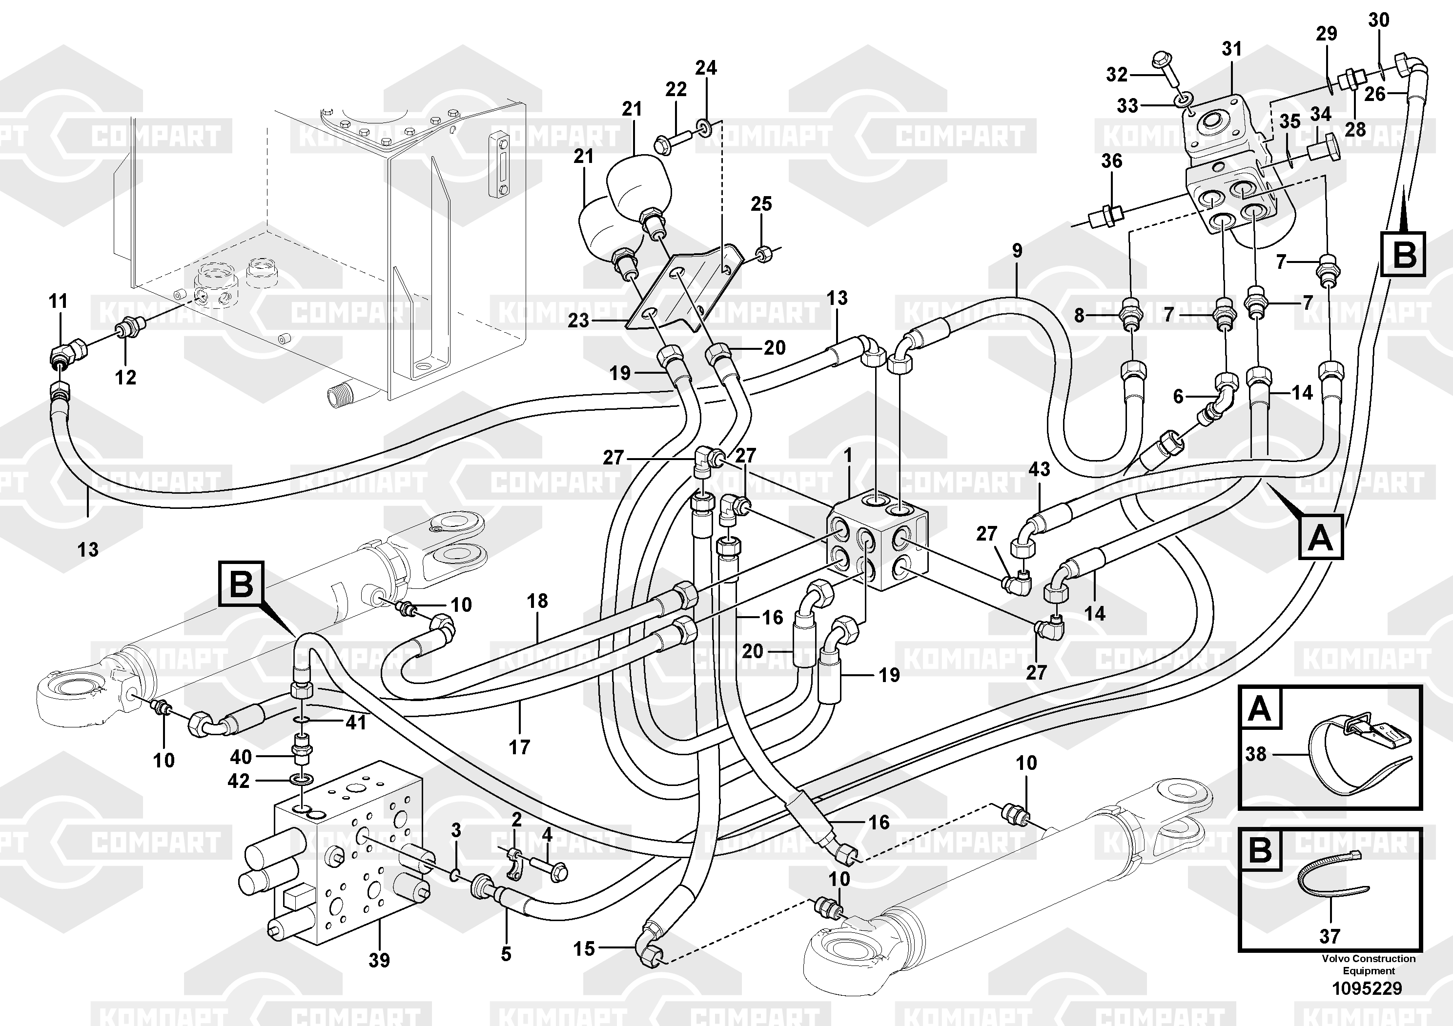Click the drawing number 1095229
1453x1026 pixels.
[x=1367, y=988]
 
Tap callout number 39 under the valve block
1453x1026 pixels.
[x=379, y=960]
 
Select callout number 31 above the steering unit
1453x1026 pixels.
[x=1231, y=49]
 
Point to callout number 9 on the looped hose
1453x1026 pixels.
[x=1017, y=250]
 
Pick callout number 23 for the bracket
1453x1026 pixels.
[x=578, y=321]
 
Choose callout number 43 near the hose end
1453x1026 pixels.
[x=1039, y=469]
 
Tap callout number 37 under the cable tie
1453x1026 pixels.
[x=1330, y=936]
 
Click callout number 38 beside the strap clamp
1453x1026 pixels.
[x=1255, y=754]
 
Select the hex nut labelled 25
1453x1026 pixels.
[x=764, y=256]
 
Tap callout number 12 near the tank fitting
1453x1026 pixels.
[x=125, y=377]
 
